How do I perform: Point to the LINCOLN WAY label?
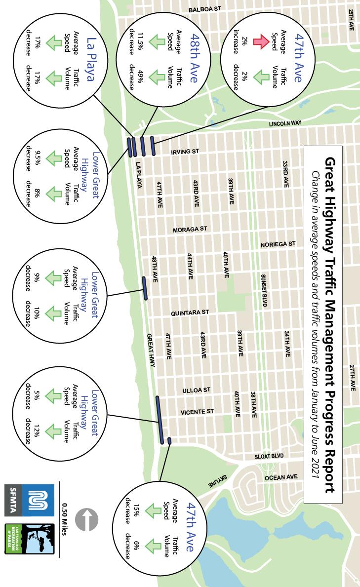[285, 123]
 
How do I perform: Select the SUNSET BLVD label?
[264, 291]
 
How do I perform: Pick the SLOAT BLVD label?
[269, 456]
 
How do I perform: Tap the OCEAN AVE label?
[281, 477]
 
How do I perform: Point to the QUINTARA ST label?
[190, 313]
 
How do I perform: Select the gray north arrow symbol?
[87, 521]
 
